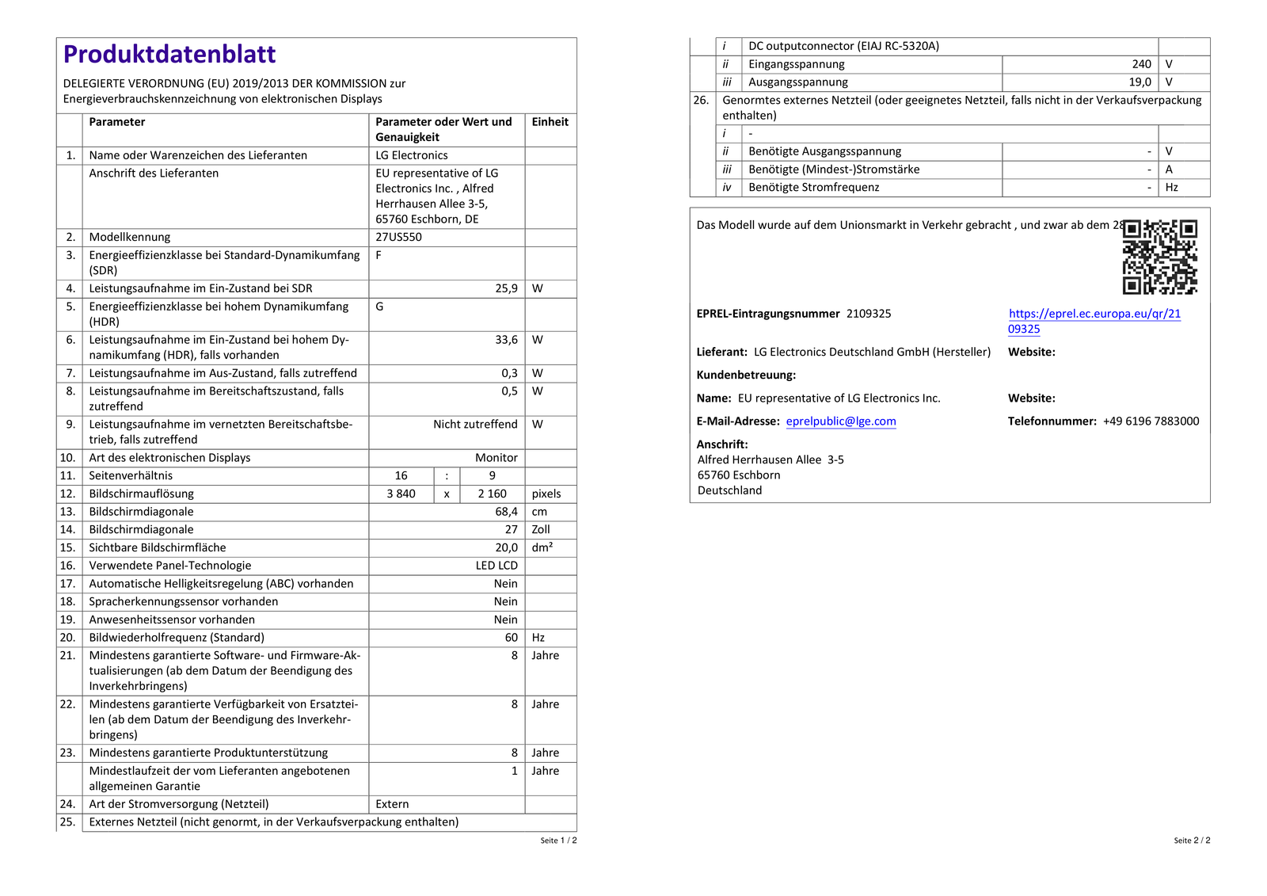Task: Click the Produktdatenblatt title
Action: (169, 54)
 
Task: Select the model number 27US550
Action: (398, 237)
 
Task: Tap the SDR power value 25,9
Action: (506, 288)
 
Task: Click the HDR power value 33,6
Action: (506, 340)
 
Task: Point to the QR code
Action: (1159, 257)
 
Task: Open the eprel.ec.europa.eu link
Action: (1094, 314)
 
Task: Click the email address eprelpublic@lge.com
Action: (841, 421)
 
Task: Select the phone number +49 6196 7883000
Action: (1151, 421)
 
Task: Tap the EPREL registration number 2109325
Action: (869, 314)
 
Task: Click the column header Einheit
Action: (550, 122)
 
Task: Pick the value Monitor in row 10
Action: (496, 458)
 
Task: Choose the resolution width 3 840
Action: (401, 494)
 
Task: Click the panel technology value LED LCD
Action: (497, 566)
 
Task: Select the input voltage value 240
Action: (1141, 64)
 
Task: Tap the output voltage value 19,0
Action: (1140, 82)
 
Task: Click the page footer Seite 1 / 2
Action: (558, 841)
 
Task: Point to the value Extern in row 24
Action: (392, 804)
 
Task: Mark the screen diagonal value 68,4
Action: (506, 512)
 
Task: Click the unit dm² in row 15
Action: (542, 547)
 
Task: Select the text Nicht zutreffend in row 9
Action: (475, 425)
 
